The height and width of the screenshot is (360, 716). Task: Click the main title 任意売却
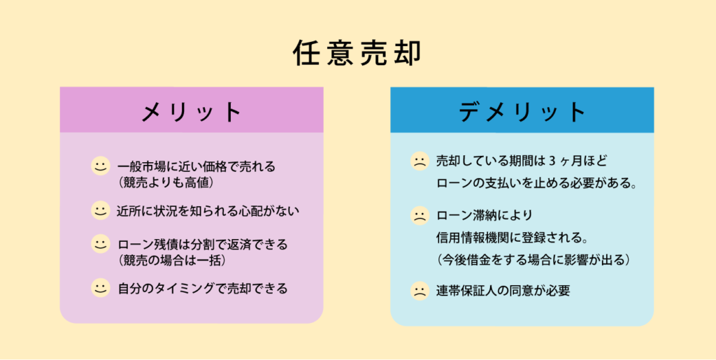pyautogui.click(x=357, y=54)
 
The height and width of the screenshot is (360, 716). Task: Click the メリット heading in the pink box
pyautogui.click(x=192, y=111)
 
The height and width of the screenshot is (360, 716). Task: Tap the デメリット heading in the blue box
pyautogui.click(x=522, y=112)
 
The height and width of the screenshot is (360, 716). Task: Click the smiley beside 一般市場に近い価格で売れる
pyautogui.click(x=100, y=166)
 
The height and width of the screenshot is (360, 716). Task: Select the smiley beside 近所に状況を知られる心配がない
pyautogui.click(x=100, y=210)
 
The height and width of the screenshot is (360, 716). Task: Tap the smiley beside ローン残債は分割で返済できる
pyautogui.click(x=100, y=244)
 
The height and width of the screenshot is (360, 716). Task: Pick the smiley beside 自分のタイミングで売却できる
pyautogui.click(x=100, y=288)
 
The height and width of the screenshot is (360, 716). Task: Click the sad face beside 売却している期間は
pyautogui.click(x=420, y=161)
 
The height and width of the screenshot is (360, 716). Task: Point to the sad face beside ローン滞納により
pyautogui.click(x=420, y=215)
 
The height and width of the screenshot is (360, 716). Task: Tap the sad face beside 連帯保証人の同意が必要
pyautogui.click(x=420, y=291)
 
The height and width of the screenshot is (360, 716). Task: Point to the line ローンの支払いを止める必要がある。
pyautogui.click(x=536, y=184)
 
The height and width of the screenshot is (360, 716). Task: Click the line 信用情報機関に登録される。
pyautogui.click(x=511, y=238)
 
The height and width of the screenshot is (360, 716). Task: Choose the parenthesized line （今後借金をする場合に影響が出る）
pyautogui.click(x=533, y=261)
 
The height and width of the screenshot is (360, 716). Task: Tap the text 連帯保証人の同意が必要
pyautogui.click(x=503, y=291)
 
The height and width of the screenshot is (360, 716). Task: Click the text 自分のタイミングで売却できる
pyautogui.click(x=203, y=289)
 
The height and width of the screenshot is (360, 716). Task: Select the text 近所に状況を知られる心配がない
pyautogui.click(x=208, y=211)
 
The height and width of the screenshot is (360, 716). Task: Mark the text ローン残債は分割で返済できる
pyautogui.click(x=203, y=245)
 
